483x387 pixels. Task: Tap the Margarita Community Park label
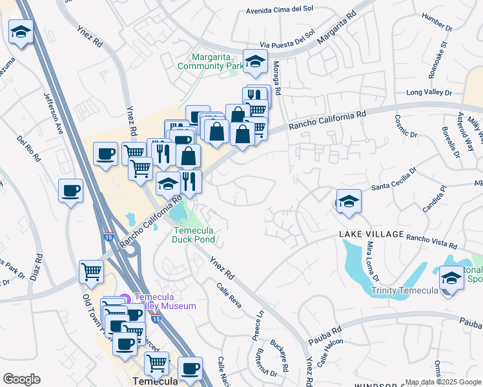210,61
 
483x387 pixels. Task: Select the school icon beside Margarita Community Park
255,62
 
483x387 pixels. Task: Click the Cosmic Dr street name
404,126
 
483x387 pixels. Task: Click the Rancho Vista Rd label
431,241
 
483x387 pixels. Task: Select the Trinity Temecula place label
404,291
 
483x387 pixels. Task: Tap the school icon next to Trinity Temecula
451,279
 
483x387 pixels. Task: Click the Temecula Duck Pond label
193,235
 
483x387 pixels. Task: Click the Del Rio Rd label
30,148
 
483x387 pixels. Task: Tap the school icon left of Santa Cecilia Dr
348,201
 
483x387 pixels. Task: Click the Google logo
21,379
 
